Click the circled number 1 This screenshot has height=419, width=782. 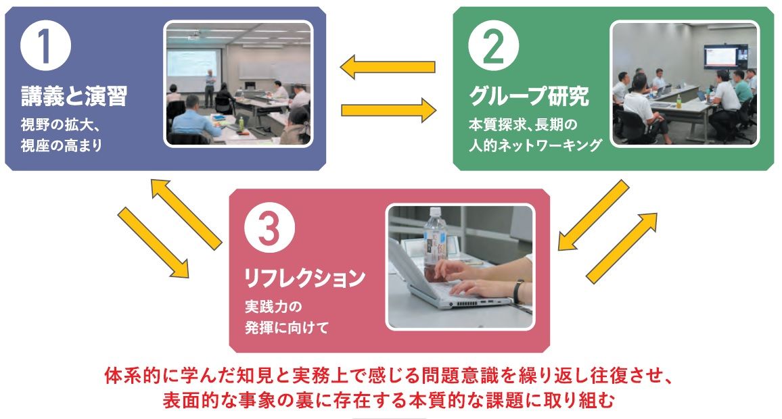point(44,47)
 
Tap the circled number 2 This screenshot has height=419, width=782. point(494,47)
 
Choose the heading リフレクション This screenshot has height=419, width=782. point(305,277)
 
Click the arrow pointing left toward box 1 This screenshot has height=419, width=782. point(388,67)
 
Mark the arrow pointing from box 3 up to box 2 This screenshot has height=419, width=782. point(621,247)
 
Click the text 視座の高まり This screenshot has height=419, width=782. point(61,145)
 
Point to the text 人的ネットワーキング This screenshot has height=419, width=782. point(534,145)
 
